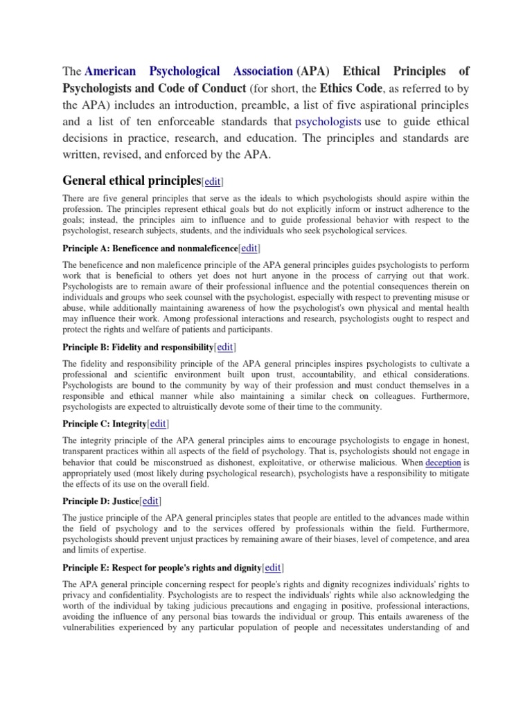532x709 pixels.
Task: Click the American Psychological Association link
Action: click(188, 71)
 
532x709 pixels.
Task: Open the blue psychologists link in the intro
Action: click(328, 121)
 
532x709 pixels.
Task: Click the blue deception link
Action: click(443, 462)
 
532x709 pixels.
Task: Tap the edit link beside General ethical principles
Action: click(212, 181)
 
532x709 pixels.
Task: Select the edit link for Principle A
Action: click(249, 248)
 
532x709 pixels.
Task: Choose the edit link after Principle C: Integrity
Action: click(157, 423)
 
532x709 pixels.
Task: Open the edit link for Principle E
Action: click(272, 567)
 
